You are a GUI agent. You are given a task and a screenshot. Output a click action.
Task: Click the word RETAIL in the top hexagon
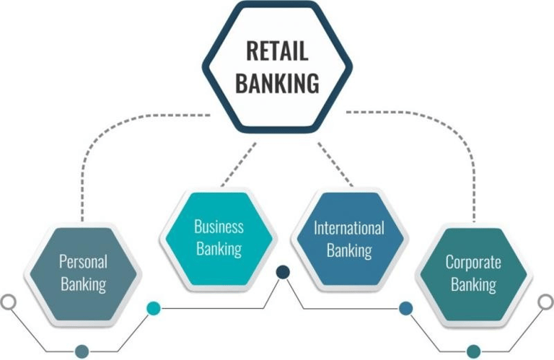coord(277,51)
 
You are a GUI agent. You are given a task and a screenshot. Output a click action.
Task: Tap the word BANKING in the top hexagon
coord(277,83)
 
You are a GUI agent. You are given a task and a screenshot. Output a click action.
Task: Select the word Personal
coord(83,262)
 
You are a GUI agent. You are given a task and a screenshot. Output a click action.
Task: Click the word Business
coord(219,227)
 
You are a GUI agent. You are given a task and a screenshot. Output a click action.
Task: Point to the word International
coord(348,228)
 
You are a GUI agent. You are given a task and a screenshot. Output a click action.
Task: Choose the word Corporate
coord(473,262)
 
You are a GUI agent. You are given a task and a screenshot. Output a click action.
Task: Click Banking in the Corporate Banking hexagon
coord(473,285)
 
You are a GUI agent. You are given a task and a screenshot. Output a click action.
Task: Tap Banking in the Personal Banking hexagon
coord(84,284)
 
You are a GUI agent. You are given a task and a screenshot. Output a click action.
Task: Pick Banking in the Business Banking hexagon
coord(219,249)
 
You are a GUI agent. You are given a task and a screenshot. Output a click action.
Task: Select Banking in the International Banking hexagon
coord(349,250)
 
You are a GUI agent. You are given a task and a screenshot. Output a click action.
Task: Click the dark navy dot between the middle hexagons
coord(283,272)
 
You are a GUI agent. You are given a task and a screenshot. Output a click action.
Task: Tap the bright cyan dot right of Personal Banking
coord(154,309)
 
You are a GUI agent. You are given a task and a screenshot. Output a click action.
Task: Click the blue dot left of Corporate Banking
coord(405,309)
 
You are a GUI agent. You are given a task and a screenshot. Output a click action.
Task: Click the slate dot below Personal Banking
coord(82,351)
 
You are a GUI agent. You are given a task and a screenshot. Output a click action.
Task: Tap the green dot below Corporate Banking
coord(473,351)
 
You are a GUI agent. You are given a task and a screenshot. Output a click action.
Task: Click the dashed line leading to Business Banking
coord(239,164)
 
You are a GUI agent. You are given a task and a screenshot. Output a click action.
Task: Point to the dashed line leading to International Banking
coord(335,164)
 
